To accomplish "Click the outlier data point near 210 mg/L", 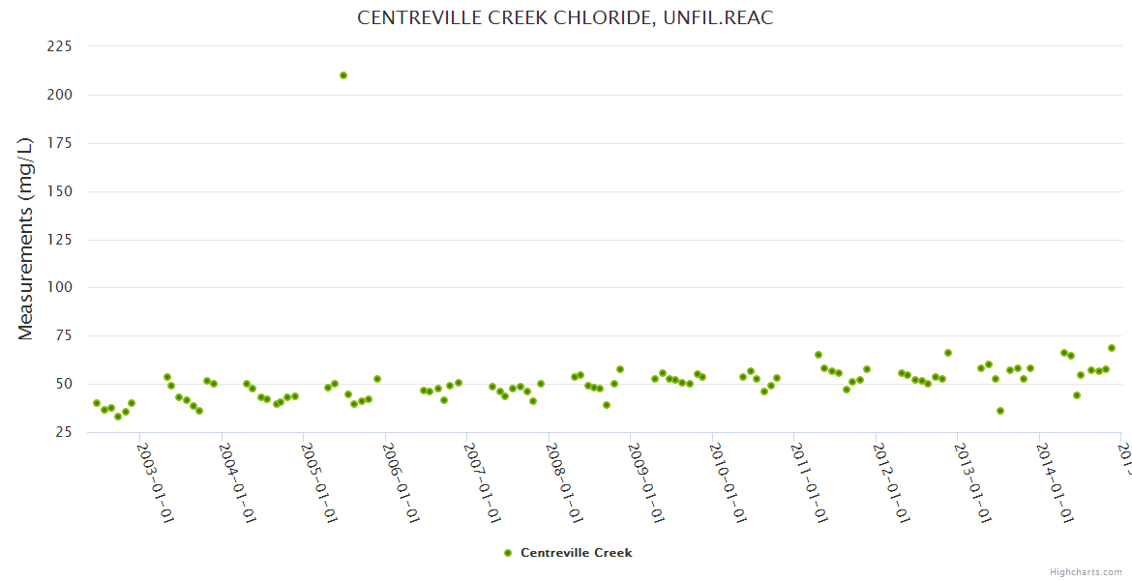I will tap(343, 75).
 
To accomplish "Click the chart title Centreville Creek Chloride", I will tap(565, 17).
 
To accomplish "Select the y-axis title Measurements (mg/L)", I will tap(26, 238).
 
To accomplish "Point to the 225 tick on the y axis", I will tap(60, 46).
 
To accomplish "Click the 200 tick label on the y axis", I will tap(60, 95).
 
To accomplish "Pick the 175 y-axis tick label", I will tap(60, 143).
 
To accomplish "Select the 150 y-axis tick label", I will tap(60, 191).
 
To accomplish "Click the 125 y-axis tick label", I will tap(60, 240).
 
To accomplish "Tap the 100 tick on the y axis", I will tap(60, 288).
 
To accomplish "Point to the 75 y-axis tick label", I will tap(64, 336).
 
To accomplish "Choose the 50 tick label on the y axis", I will tap(64, 385).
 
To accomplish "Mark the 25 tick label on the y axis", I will tap(64, 432).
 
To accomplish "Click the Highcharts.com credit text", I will tap(1086, 571).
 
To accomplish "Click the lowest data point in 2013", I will tap(1000, 411).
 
